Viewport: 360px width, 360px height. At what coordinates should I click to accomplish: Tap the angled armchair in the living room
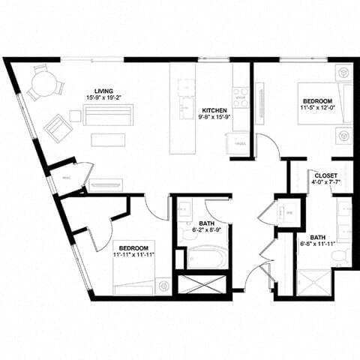click(58, 127)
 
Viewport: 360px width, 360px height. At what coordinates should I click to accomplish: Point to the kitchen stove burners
click(240, 97)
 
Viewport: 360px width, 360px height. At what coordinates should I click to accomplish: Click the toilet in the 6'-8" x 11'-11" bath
click(341, 257)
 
